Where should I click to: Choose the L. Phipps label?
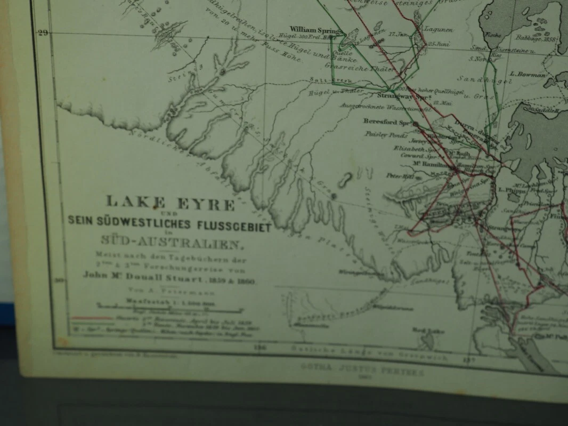click(509, 189)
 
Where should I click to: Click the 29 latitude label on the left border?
click(43, 33)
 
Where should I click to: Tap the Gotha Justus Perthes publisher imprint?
click(362, 367)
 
